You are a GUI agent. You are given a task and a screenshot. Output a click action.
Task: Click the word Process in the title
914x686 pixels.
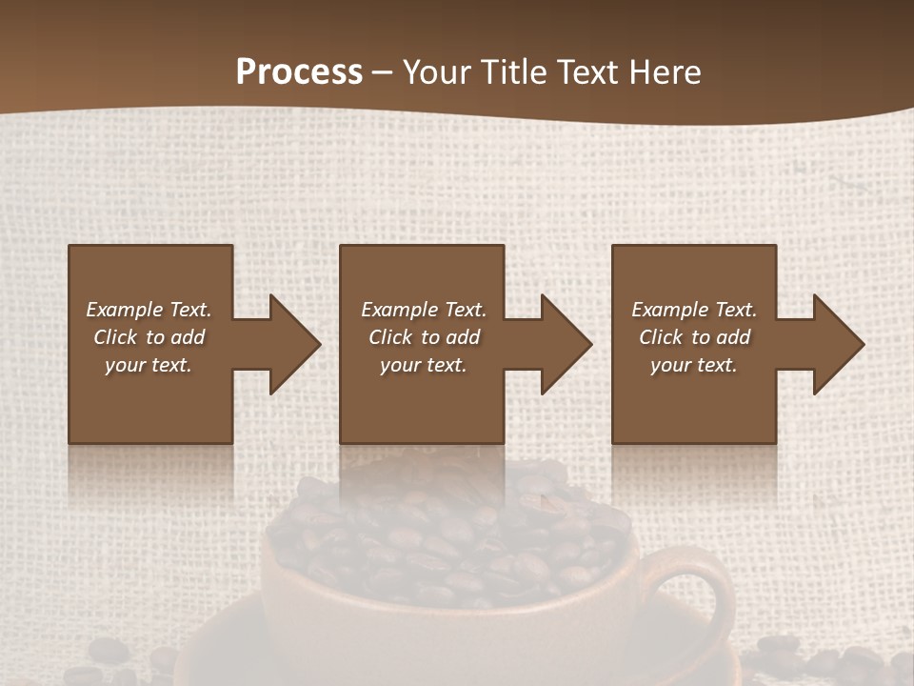pyautogui.click(x=299, y=72)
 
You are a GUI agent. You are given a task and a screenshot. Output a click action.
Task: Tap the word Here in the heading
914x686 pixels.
pyautogui.click(x=666, y=72)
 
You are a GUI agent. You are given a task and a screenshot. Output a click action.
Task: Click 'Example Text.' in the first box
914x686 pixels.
pyautogui.click(x=149, y=310)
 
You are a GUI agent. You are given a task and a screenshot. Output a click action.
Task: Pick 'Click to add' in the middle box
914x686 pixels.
pyautogui.click(x=424, y=337)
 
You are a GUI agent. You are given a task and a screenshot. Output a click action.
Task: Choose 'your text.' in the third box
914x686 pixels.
pyautogui.click(x=693, y=365)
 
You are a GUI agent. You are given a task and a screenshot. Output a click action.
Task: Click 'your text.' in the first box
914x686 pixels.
pyautogui.click(x=149, y=365)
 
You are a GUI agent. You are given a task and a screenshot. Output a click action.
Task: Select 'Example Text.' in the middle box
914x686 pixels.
pyautogui.click(x=424, y=310)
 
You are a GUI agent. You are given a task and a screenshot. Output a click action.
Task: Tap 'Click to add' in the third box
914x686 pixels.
pyautogui.click(x=694, y=337)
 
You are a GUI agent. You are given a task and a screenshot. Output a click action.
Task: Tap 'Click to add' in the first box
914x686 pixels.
pyautogui.click(x=149, y=337)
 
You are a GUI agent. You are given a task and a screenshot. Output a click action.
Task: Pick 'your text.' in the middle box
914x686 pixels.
pyautogui.click(x=423, y=365)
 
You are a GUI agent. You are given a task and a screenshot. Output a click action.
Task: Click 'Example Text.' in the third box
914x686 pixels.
pyautogui.click(x=694, y=310)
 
